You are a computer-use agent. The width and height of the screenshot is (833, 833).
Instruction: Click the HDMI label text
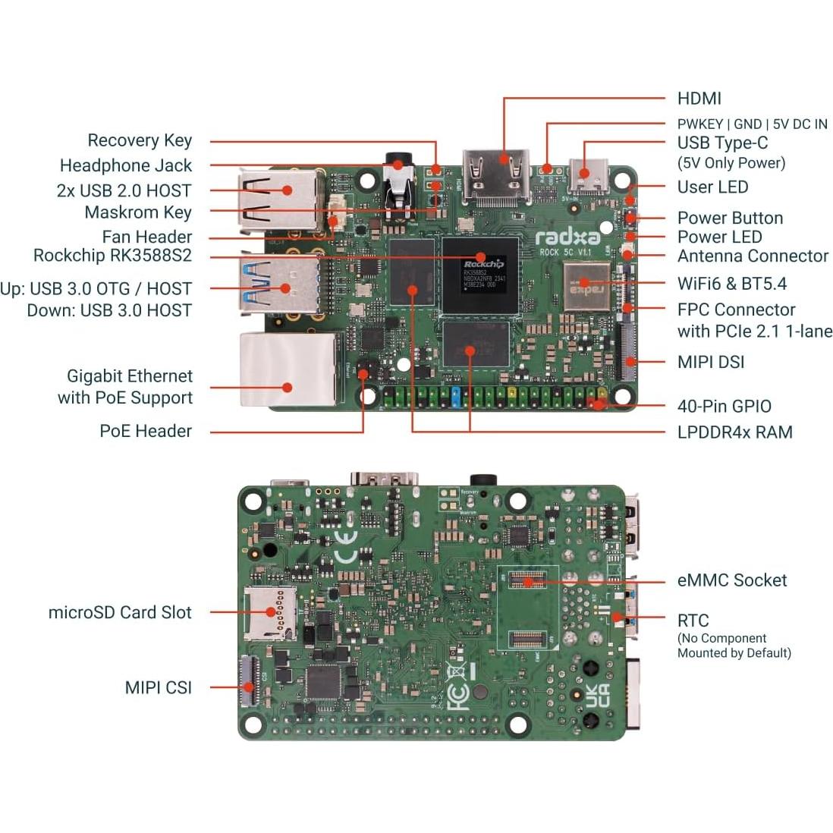[699, 99]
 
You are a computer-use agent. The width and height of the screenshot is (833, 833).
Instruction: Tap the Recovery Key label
[140, 140]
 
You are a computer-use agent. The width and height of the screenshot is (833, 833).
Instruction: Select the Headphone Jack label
[126, 165]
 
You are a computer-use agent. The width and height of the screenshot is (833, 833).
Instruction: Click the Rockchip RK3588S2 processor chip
[480, 274]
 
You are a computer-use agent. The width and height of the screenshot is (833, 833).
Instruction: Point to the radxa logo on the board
[568, 237]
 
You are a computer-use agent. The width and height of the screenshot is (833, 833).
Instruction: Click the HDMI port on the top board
[497, 178]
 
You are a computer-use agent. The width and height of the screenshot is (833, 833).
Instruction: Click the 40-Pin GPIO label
[724, 407]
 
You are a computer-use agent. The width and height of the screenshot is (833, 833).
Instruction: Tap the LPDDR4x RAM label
[734, 432]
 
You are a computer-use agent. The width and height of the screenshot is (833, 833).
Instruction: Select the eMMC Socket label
[731, 580]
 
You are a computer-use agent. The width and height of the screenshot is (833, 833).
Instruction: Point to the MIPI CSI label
[158, 688]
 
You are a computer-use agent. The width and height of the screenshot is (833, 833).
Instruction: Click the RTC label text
[693, 621]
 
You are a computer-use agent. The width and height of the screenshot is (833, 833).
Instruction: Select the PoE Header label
[146, 432]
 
